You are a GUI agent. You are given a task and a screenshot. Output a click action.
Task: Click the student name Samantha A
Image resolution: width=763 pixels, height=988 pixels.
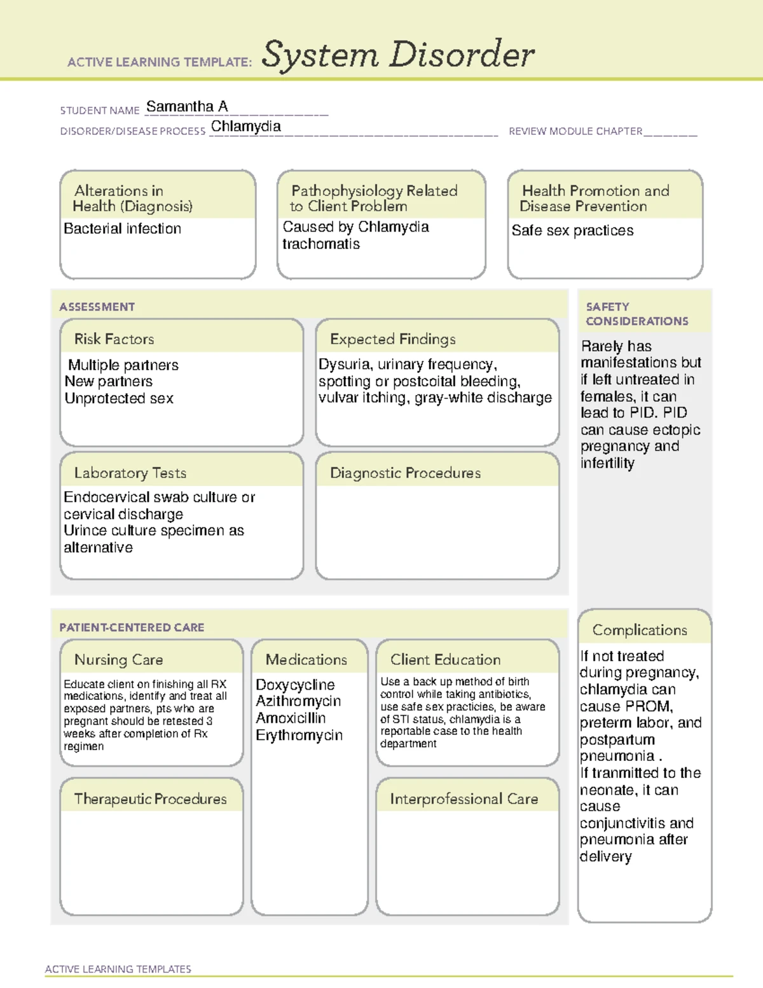point(187,107)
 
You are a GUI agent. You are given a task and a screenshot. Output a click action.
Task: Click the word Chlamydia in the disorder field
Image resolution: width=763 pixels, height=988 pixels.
point(245,127)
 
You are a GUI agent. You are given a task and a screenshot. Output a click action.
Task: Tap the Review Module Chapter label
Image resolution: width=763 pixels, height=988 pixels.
point(575,132)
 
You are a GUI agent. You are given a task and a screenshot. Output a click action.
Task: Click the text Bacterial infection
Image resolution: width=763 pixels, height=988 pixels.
point(122,229)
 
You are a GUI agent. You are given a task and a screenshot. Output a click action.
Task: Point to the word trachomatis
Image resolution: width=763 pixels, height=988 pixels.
point(320,244)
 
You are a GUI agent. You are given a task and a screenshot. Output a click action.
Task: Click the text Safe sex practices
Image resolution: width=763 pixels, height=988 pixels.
point(572,231)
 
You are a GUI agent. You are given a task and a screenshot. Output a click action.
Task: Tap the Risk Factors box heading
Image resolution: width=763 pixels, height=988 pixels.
point(114,339)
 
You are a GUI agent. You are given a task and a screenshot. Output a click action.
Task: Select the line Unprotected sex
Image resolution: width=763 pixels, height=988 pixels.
point(119,399)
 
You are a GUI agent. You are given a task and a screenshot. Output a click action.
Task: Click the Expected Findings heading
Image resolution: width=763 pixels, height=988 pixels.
point(392,340)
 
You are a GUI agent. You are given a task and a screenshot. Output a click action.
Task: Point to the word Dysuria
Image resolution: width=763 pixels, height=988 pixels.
point(344,365)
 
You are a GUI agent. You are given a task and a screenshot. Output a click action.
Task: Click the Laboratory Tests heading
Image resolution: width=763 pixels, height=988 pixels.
point(130,473)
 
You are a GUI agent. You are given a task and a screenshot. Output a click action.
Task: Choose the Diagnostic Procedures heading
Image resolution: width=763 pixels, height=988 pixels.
point(405,473)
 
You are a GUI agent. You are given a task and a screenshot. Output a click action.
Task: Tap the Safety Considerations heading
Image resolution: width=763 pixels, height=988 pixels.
point(636,314)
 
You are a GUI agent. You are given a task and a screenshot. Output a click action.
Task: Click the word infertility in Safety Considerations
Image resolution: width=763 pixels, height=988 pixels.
point(607,464)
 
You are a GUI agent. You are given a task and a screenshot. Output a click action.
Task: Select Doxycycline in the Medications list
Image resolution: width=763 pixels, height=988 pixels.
point(295,685)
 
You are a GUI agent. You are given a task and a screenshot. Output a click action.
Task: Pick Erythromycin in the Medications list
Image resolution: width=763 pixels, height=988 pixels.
point(299,735)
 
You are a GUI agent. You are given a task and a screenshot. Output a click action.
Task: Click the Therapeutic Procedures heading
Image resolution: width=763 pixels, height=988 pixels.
point(150,799)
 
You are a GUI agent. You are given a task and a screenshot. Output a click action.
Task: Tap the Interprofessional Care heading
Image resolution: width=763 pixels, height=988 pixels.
point(464,799)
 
